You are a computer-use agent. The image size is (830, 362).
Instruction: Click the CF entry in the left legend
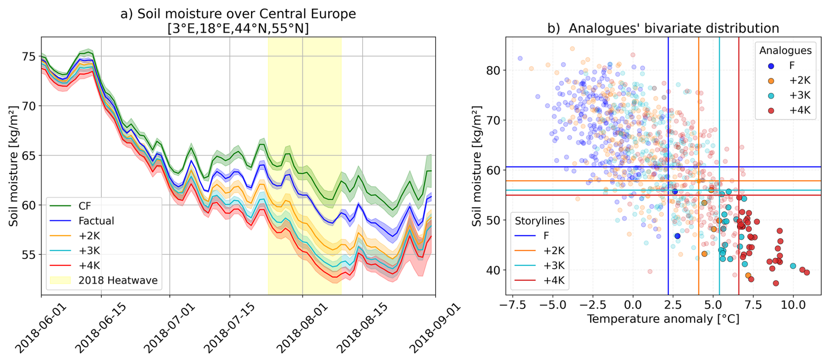tap(85, 206)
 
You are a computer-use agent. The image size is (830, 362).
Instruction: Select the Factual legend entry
tap(96, 221)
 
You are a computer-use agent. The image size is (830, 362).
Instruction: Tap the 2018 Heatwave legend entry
tap(118, 280)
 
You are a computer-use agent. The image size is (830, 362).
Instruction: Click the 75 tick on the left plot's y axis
tap(29, 57)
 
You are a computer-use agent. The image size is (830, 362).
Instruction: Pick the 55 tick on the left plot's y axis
tap(29, 255)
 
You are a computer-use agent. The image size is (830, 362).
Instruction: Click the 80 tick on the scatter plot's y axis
tap(494, 70)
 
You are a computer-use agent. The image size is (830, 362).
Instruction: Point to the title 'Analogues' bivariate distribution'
tap(663, 28)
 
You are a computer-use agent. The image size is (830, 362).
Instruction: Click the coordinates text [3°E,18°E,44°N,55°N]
tap(238, 28)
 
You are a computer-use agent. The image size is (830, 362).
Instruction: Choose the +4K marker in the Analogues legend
tap(771, 110)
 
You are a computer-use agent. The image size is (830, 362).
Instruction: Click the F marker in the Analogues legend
tap(771, 66)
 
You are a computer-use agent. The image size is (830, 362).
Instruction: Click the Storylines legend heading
tap(539, 221)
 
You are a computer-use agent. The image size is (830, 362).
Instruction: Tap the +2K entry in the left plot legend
tap(89, 236)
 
